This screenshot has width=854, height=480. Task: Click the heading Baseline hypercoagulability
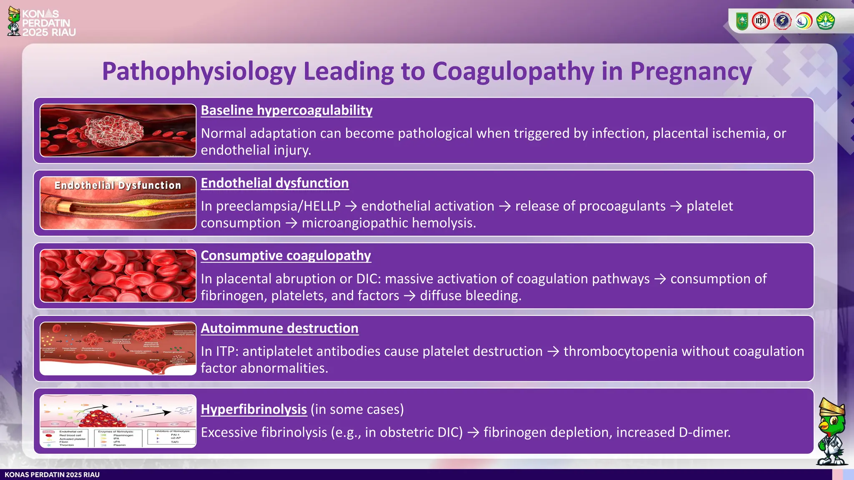click(286, 110)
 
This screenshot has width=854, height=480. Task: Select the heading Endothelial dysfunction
click(275, 183)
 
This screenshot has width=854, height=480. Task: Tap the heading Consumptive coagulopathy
click(286, 256)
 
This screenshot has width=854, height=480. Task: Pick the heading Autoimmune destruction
click(279, 328)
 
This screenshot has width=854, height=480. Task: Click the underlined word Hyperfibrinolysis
click(254, 410)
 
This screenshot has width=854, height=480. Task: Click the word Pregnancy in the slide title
click(691, 72)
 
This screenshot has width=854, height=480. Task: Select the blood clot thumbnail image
click(118, 130)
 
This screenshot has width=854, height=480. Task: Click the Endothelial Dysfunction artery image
click(118, 203)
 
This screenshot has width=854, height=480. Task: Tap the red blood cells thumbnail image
click(118, 276)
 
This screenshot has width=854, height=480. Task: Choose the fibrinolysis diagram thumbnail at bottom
click(118, 421)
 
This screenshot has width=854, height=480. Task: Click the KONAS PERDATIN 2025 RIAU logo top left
click(42, 22)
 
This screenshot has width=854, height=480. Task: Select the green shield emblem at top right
click(742, 21)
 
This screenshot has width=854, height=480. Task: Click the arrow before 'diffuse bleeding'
click(409, 296)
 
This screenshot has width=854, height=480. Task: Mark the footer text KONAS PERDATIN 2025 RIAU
click(52, 475)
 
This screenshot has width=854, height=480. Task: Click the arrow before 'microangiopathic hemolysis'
click(291, 223)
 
